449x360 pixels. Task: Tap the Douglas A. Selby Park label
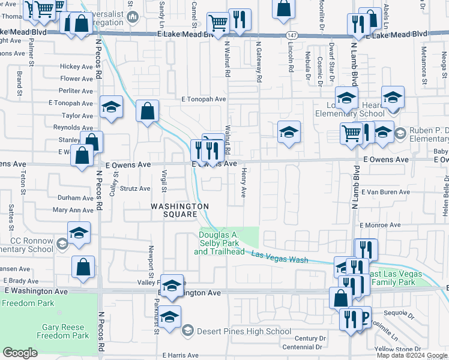pyautogui.click(x=219, y=243)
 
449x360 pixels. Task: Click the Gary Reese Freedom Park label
pyautogui.click(x=66, y=332)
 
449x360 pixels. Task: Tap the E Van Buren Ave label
pyautogui.click(x=385, y=192)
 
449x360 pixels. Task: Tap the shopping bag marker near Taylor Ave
pyautogui.click(x=147, y=111)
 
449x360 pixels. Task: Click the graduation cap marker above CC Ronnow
pyautogui.click(x=79, y=233)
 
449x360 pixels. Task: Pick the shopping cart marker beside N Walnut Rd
pyautogui.click(x=217, y=23)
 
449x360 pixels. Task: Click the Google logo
pyautogui.click(x=20, y=353)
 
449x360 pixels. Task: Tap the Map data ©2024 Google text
pyautogui.click(x=411, y=355)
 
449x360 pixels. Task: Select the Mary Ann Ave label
pyautogui.click(x=73, y=210)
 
